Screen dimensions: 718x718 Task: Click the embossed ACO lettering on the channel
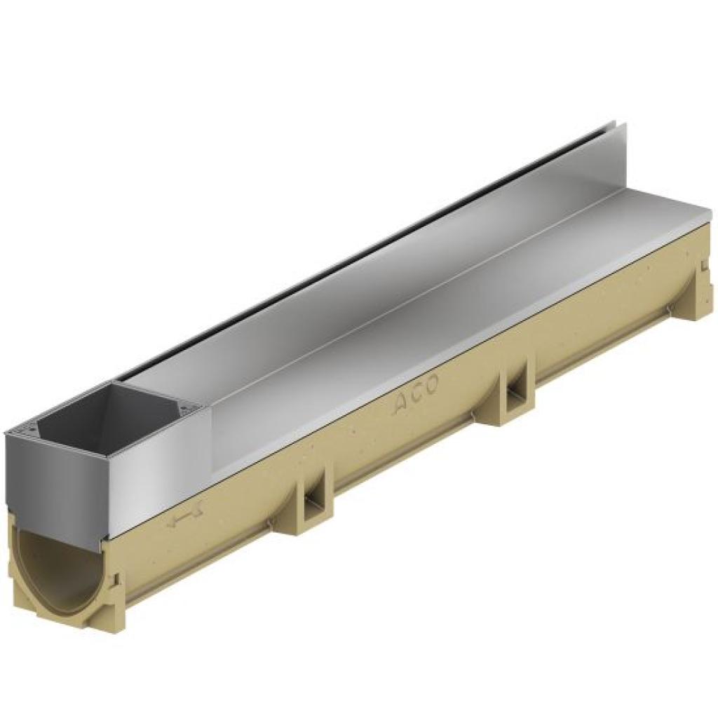point(416,394)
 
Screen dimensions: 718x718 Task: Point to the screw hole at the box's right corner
point(191,409)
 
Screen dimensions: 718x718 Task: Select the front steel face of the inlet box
point(56,484)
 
